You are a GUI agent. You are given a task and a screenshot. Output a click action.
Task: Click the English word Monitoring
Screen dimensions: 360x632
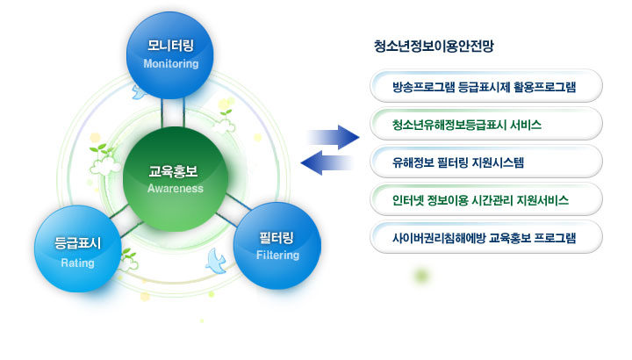coord(171,64)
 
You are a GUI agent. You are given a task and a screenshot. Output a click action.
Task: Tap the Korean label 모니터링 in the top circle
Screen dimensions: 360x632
coord(171,46)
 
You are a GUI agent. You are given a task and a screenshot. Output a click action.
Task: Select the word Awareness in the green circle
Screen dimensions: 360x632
coord(176,189)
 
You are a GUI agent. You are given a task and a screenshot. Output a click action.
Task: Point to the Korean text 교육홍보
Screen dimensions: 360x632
coord(176,171)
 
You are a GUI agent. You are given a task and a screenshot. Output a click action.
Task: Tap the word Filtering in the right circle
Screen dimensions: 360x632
coord(278,256)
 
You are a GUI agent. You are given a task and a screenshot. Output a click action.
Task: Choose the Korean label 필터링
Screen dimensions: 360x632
coord(278,237)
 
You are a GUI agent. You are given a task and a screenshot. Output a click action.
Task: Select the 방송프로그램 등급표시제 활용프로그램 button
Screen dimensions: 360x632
coord(485,87)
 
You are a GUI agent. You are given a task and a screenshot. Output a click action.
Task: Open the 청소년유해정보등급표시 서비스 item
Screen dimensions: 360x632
coord(485,124)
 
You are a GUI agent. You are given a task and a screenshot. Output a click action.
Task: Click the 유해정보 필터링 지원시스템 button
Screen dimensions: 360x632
coord(485,162)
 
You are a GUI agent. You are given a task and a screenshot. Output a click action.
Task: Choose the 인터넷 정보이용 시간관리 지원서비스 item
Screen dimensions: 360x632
coord(485,199)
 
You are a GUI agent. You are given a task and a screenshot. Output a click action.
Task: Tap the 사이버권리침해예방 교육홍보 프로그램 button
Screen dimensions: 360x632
coord(485,237)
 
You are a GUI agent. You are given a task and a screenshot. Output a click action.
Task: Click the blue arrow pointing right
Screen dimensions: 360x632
coord(334,136)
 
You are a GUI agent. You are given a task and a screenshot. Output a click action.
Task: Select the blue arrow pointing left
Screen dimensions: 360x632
coord(327,162)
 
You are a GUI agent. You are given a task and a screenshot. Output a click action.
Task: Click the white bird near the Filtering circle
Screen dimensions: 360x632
coord(215,258)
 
